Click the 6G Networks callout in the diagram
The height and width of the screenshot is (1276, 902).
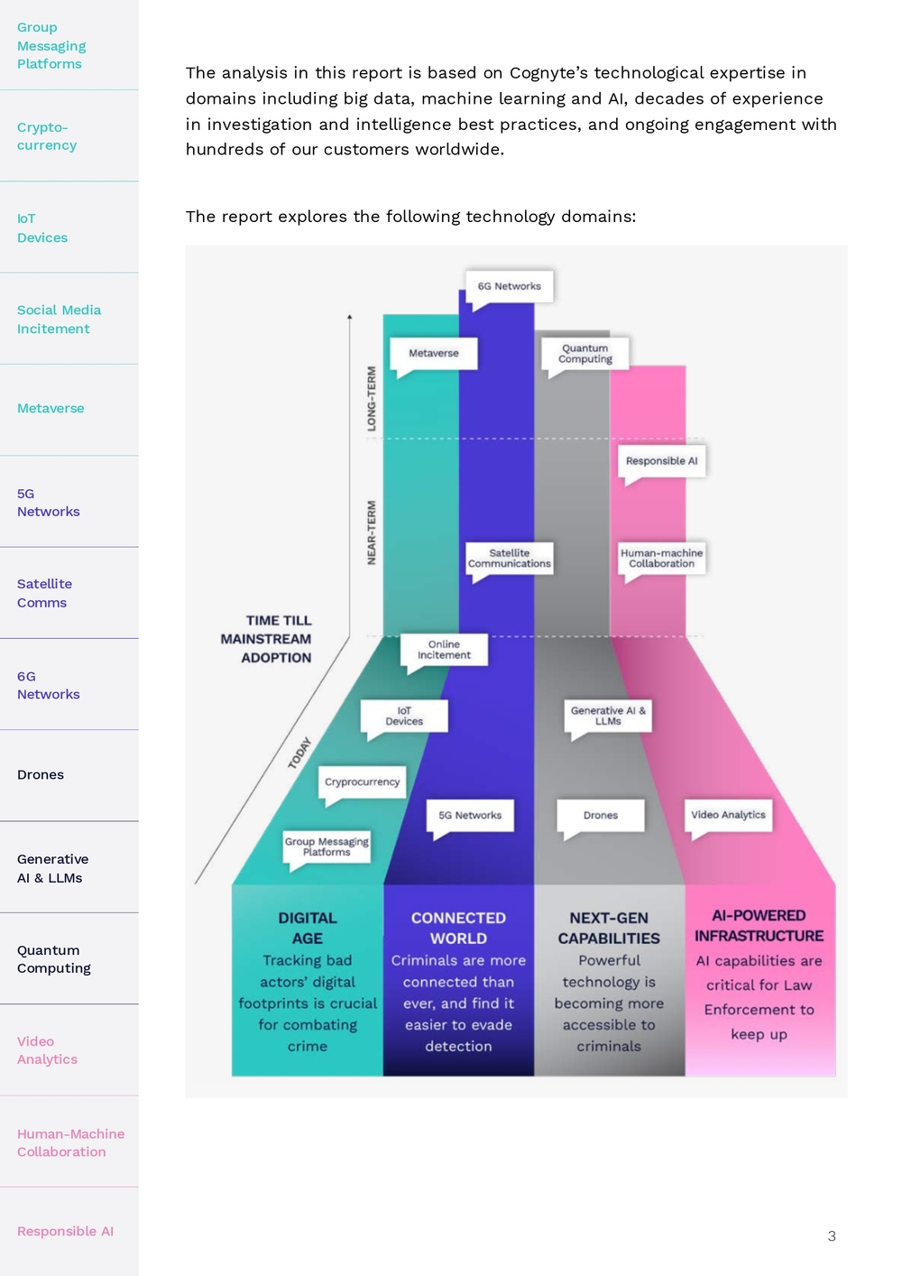point(509,287)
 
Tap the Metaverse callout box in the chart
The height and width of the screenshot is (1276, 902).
point(433,353)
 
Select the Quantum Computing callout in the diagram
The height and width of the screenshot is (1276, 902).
point(584,353)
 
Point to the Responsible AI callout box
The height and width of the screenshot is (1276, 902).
point(661,461)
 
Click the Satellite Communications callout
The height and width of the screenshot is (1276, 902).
point(509,559)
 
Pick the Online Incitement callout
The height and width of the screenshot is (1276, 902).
point(444,650)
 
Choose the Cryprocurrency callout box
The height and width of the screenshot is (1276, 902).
point(363,782)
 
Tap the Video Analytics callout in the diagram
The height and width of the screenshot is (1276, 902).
point(728,815)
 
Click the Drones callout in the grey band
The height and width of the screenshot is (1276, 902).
point(601,815)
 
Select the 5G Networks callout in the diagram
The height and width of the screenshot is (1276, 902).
point(470,815)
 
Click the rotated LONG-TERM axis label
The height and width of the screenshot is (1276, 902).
point(372,399)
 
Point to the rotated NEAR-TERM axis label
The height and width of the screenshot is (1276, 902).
point(372,533)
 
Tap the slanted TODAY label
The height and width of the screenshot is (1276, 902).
point(299,754)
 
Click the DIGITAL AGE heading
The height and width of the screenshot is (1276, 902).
point(308,928)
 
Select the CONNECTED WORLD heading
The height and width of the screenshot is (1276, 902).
point(458,928)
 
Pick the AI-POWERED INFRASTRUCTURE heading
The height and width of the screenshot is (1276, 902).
point(759,926)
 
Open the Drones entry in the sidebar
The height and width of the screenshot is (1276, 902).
point(41,774)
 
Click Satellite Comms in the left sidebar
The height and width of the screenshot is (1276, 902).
point(44,593)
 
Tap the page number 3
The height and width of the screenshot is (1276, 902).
point(832,1236)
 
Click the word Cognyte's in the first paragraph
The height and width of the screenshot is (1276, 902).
point(548,73)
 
